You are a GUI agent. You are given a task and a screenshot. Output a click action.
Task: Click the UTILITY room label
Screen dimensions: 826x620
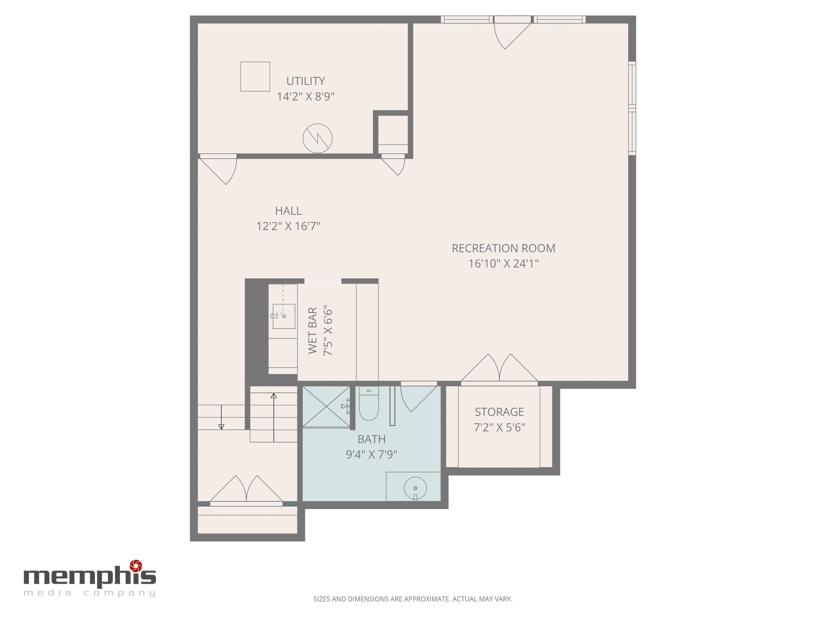point(305,81)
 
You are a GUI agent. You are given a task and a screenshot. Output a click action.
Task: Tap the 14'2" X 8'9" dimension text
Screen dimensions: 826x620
point(305,96)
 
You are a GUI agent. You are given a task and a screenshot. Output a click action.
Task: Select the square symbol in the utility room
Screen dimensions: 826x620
point(255,77)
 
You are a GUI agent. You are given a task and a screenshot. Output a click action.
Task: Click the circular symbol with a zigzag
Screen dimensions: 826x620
point(317,138)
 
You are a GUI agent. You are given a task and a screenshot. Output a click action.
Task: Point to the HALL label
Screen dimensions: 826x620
point(288,211)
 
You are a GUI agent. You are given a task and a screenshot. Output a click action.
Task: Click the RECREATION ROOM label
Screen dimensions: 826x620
point(503,248)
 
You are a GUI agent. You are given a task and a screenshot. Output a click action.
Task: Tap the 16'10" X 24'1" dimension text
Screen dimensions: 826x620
point(503,263)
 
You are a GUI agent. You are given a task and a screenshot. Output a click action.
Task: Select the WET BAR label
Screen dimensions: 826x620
point(312,330)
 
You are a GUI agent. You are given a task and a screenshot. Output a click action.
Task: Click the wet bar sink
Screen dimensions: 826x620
point(283,316)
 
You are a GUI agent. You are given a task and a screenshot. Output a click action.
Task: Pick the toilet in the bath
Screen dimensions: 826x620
point(369,403)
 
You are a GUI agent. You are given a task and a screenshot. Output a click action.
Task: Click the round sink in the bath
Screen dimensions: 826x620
point(415,488)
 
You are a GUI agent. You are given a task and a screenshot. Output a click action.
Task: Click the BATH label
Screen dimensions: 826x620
point(372,439)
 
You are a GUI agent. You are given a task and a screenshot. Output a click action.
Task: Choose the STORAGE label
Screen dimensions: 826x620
point(499,412)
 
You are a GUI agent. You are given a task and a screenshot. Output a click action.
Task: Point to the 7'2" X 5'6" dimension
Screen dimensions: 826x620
point(499,427)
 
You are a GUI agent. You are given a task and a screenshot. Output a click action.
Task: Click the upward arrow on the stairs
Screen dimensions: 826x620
point(274,417)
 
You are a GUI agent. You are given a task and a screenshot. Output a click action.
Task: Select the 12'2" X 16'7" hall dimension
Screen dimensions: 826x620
point(288,226)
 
